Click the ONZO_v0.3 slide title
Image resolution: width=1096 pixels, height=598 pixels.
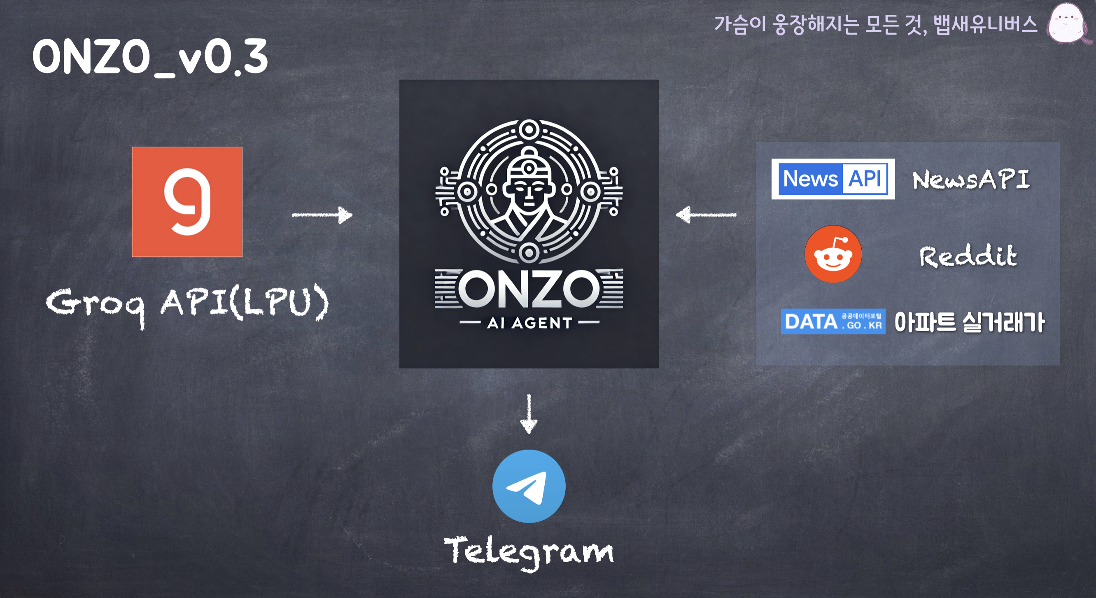(150, 57)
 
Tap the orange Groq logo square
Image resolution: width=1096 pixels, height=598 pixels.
(187, 202)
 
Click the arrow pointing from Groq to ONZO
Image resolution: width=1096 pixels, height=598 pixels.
(322, 215)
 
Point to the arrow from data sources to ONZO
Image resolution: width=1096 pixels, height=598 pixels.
(706, 215)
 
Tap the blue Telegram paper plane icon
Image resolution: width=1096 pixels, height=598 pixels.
(529, 486)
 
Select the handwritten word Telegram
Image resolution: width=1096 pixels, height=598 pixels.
(529, 551)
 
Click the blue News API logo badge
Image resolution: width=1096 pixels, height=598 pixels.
(833, 179)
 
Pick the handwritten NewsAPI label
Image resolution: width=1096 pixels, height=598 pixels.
(971, 180)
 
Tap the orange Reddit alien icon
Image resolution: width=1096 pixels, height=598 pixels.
(833, 254)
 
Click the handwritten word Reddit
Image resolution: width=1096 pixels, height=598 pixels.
(968, 256)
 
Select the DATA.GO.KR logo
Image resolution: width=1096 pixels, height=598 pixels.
(833, 321)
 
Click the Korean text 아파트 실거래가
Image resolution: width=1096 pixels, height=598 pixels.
(969, 322)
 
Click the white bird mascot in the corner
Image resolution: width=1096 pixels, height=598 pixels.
(1068, 23)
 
